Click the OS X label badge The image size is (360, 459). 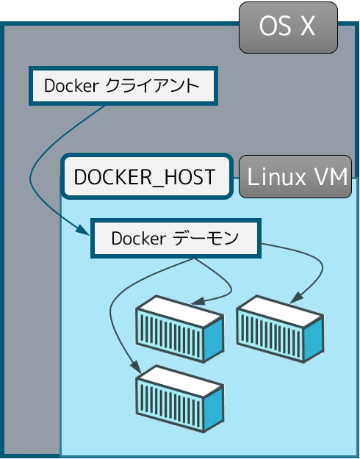[288, 27]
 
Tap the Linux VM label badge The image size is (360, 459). [295, 176]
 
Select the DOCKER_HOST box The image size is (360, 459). [147, 176]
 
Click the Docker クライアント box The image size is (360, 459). [123, 86]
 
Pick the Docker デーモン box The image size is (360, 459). [176, 238]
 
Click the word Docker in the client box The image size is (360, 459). [71, 86]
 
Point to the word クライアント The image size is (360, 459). [152, 86]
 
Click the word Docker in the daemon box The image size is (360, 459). [139, 238]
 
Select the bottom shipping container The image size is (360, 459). [180, 399]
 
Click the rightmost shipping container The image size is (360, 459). [280, 329]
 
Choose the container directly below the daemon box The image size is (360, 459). [180, 329]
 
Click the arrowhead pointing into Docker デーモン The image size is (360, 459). [83, 229]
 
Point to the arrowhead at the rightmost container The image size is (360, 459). [296, 297]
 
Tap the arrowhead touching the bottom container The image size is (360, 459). [136, 366]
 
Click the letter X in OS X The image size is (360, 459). [308, 26]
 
